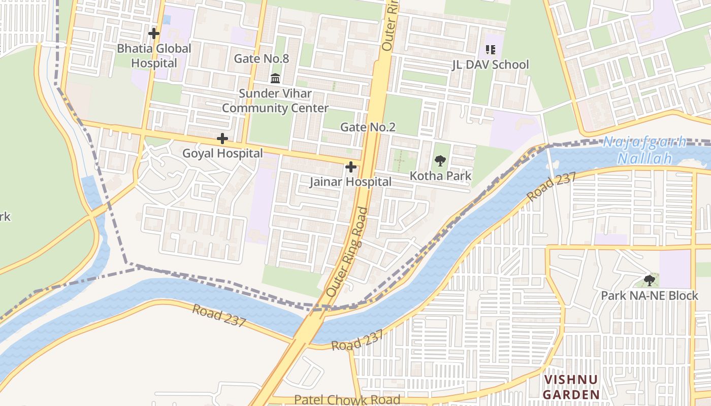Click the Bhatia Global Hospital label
click(x=154, y=56)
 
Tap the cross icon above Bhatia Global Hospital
click(x=154, y=34)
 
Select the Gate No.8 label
click(x=261, y=58)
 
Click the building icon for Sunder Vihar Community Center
click(x=275, y=78)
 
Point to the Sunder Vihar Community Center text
click(x=275, y=101)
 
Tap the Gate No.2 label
click(x=368, y=127)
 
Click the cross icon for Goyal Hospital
click(x=222, y=138)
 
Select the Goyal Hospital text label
click(x=222, y=153)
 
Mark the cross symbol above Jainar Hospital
click(x=350, y=166)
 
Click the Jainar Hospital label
click(x=350, y=182)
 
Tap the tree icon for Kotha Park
click(x=440, y=161)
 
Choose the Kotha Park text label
click(x=441, y=176)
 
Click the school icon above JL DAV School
click(x=490, y=49)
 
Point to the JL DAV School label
click(x=491, y=64)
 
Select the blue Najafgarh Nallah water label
click(x=644, y=150)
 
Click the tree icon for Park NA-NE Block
click(x=649, y=280)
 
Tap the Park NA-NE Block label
click(x=649, y=295)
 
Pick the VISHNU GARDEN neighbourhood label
click(x=571, y=387)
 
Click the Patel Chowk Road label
click(x=347, y=400)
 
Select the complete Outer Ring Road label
click(x=346, y=252)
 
